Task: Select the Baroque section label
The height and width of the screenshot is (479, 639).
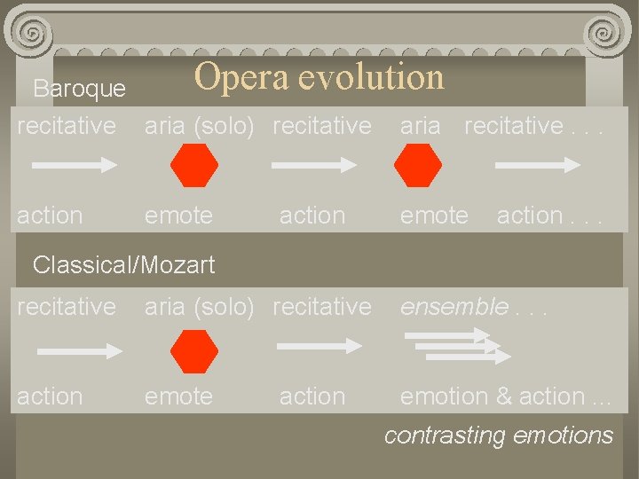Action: [x=79, y=89]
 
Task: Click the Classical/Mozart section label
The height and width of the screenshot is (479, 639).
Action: [x=123, y=263]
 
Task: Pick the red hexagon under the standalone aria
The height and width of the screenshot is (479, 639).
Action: [x=418, y=166]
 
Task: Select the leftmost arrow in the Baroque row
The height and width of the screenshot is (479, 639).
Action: [x=76, y=166]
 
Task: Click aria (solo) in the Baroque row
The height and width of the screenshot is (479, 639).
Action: [x=199, y=126]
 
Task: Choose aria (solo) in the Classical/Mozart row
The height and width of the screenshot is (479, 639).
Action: [x=199, y=307]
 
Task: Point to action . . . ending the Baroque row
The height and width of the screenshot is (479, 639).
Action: [x=549, y=216]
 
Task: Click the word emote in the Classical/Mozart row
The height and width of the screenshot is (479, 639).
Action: [x=178, y=397]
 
